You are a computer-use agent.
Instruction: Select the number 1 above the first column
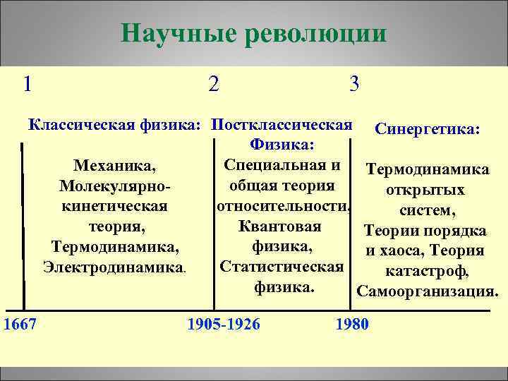pyautogui.click(x=27, y=84)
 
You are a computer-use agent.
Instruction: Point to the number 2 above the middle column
pyautogui.click(x=214, y=84)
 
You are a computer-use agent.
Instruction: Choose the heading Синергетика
pyautogui.click(x=428, y=130)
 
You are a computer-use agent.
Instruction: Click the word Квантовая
pyautogui.click(x=280, y=226)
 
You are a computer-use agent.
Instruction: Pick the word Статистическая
pyautogui.click(x=282, y=267)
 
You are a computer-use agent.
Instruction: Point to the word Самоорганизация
pyautogui.click(x=428, y=291)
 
